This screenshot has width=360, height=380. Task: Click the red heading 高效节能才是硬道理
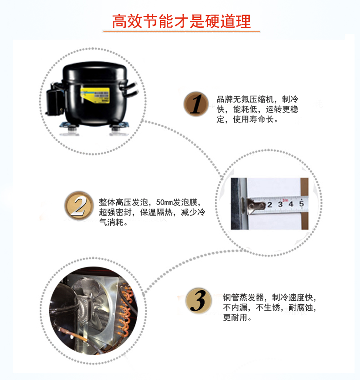[x=181, y=21]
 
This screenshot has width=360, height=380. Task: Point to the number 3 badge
[x=198, y=301]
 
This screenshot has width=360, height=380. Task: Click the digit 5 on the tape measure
[x=301, y=204]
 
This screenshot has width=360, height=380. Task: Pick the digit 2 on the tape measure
[x=269, y=205]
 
